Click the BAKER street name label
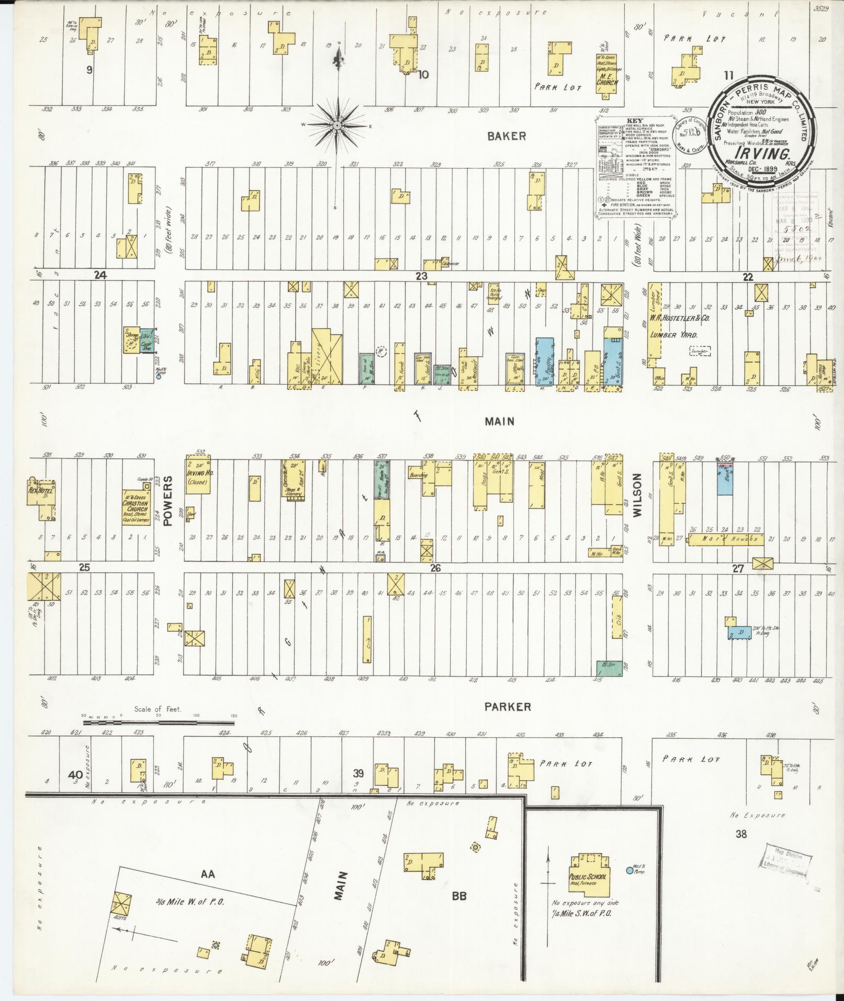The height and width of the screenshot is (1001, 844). [x=507, y=136]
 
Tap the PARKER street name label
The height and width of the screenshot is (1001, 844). [x=507, y=707]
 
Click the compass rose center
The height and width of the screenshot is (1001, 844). [x=337, y=126]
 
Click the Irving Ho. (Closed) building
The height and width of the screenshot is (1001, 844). [x=198, y=477]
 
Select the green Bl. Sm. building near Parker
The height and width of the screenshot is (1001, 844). [x=609, y=668]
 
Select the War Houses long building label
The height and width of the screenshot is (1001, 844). [x=726, y=539]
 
